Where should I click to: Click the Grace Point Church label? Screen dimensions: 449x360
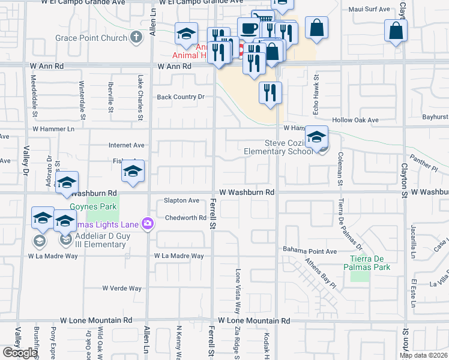pyautogui.click(x=91, y=38)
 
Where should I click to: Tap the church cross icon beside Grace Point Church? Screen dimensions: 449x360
pyautogui.click(x=136, y=38)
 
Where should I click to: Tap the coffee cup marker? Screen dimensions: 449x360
pyautogui.click(x=248, y=28)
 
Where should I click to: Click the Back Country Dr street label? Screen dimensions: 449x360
pyautogui.click(x=181, y=97)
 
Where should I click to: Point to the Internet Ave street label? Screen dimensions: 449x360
pyautogui.click(x=127, y=145)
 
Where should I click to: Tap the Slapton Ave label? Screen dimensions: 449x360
pyautogui.click(x=182, y=200)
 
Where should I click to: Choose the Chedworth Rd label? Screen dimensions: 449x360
pyautogui.click(x=185, y=218)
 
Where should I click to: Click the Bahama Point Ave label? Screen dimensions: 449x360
pyautogui.click(x=310, y=251)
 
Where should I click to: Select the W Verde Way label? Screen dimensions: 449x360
pyautogui.click(x=122, y=289)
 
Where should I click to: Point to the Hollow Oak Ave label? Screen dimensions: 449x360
pyautogui.click(x=360, y=120)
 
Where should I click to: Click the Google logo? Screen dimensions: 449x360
pyautogui.click(x=20, y=353)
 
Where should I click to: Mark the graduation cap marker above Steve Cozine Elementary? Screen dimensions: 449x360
pyautogui.click(x=317, y=137)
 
